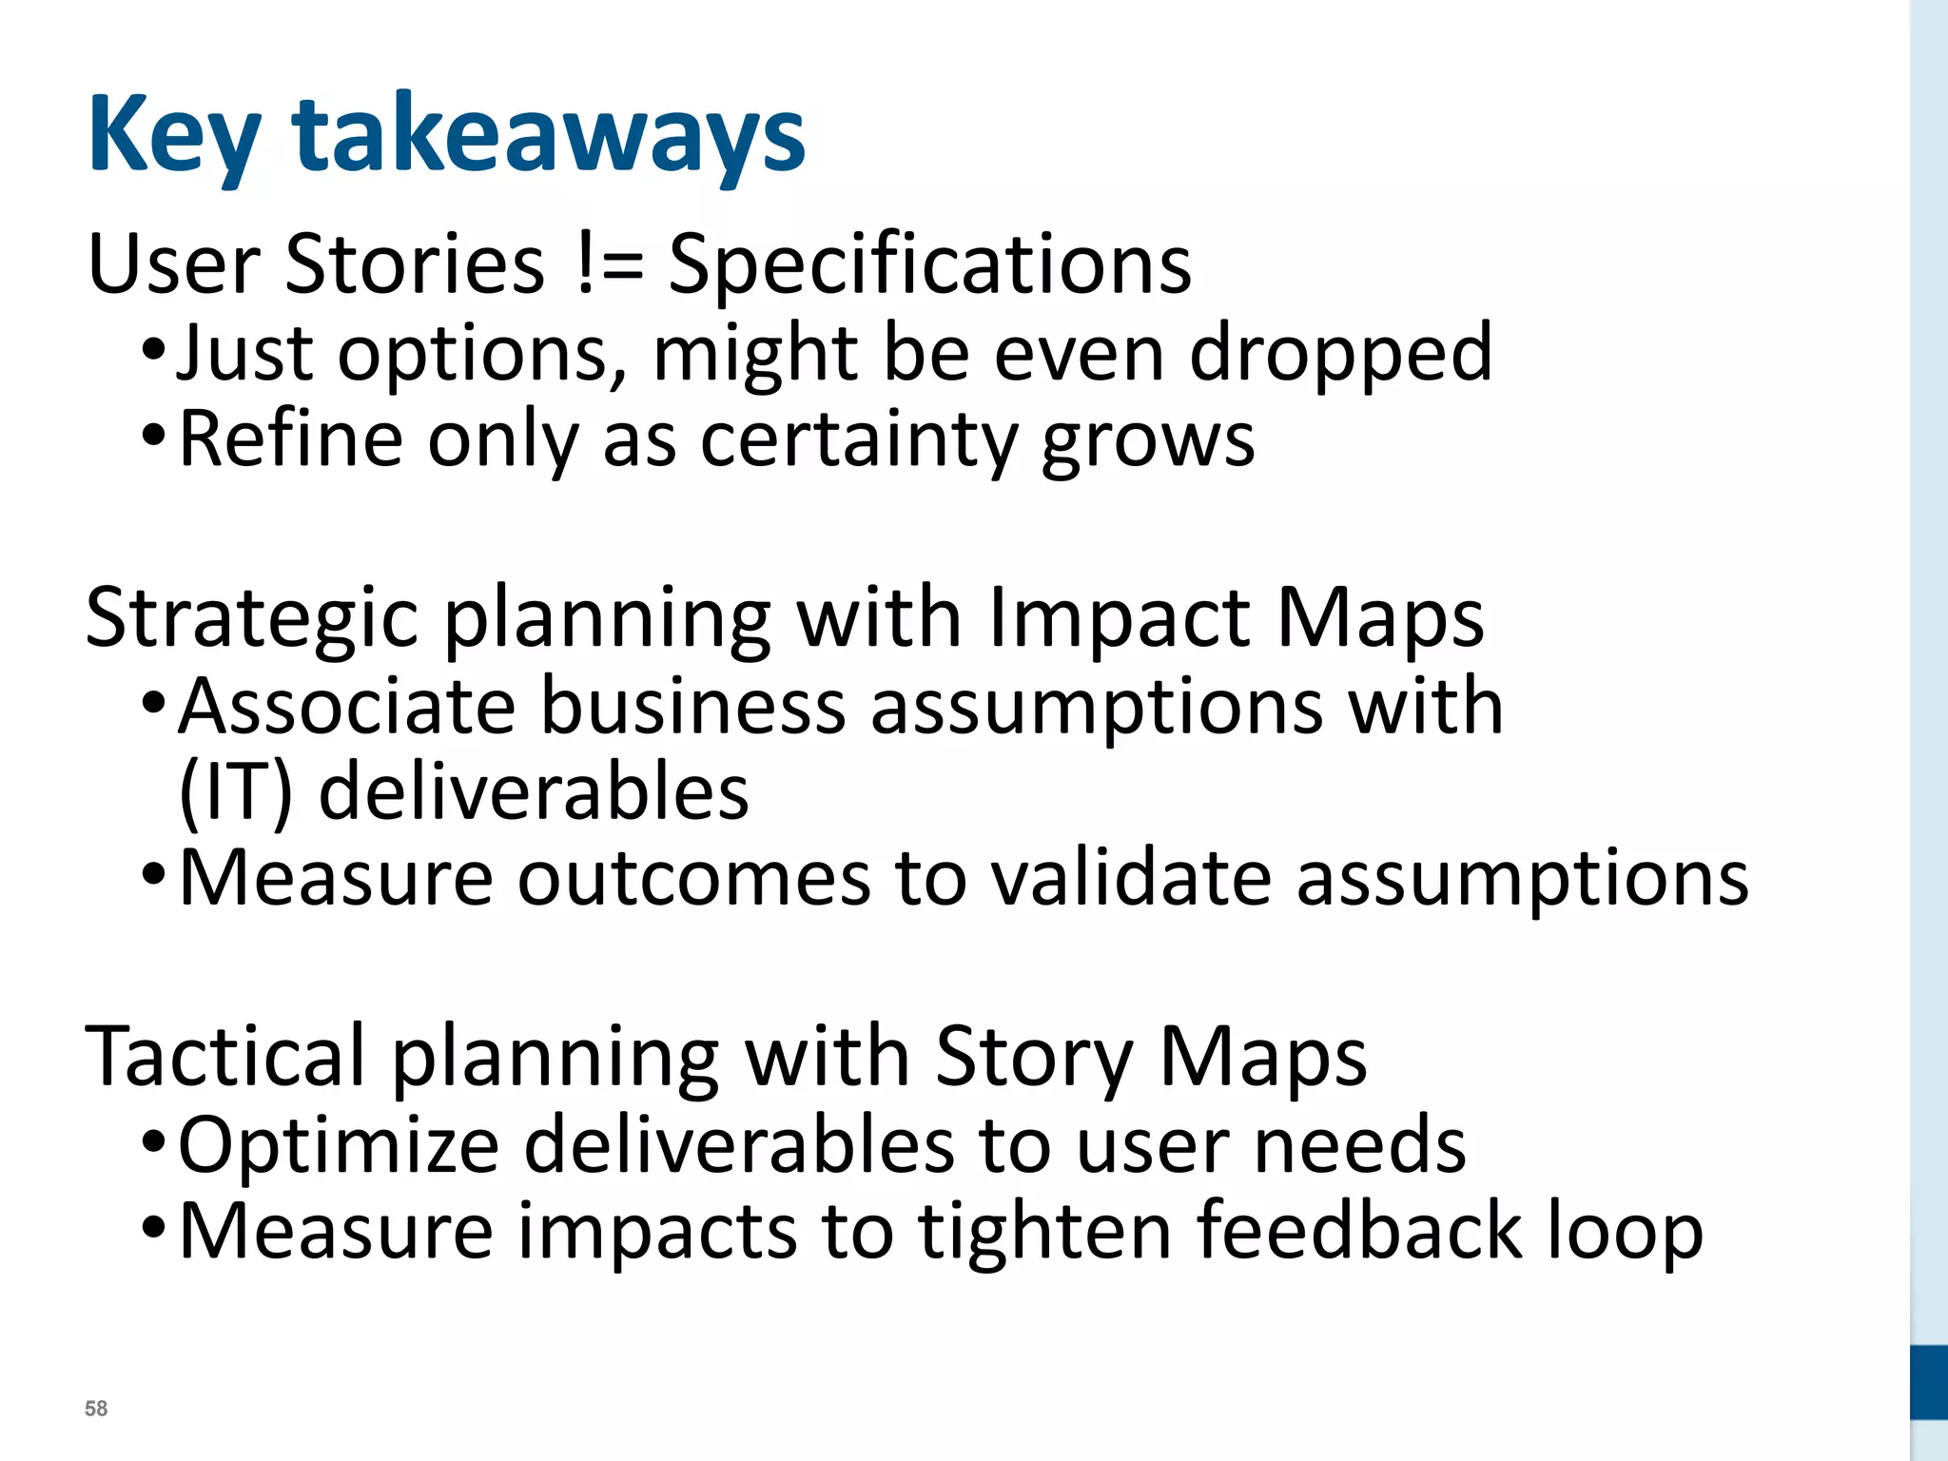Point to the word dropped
pyautogui.click(x=1340, y=354)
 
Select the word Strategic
pyautogui.click(x=251, y=618)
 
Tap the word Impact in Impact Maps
pyautogui.click(x=1119, y=618)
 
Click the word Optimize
pyautogui.click(x=339, y=1145)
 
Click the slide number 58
pyautogui.click(x=96, y=1409)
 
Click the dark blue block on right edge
pyautogui.click(x=1929, y=1382)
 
